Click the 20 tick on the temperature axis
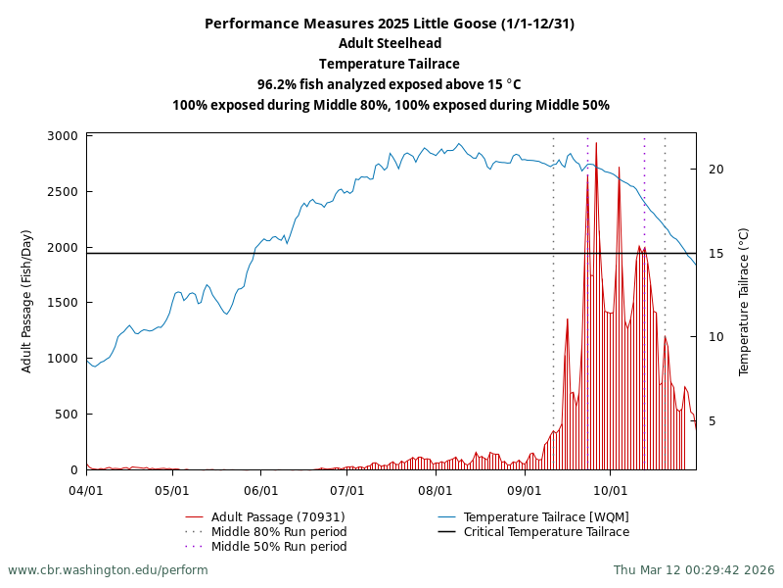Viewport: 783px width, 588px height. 715,170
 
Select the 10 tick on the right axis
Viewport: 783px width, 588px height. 715,337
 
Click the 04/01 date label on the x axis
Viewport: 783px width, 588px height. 86,489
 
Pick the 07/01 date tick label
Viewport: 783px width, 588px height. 347,489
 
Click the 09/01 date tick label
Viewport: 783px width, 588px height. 525,489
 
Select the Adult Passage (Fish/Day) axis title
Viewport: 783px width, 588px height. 26,303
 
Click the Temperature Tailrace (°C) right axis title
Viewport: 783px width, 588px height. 744,303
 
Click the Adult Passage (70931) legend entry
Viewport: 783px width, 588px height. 278,517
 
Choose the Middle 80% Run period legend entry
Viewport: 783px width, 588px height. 279,532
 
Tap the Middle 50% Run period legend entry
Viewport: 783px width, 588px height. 279,547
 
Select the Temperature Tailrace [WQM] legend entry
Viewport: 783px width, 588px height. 546,517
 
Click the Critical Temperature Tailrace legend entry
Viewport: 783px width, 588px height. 546,532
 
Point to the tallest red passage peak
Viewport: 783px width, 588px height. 596,144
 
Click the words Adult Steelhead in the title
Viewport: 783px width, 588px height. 391,43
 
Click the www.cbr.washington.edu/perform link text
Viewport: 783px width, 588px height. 108,570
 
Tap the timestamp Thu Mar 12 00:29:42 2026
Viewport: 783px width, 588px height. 694,570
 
